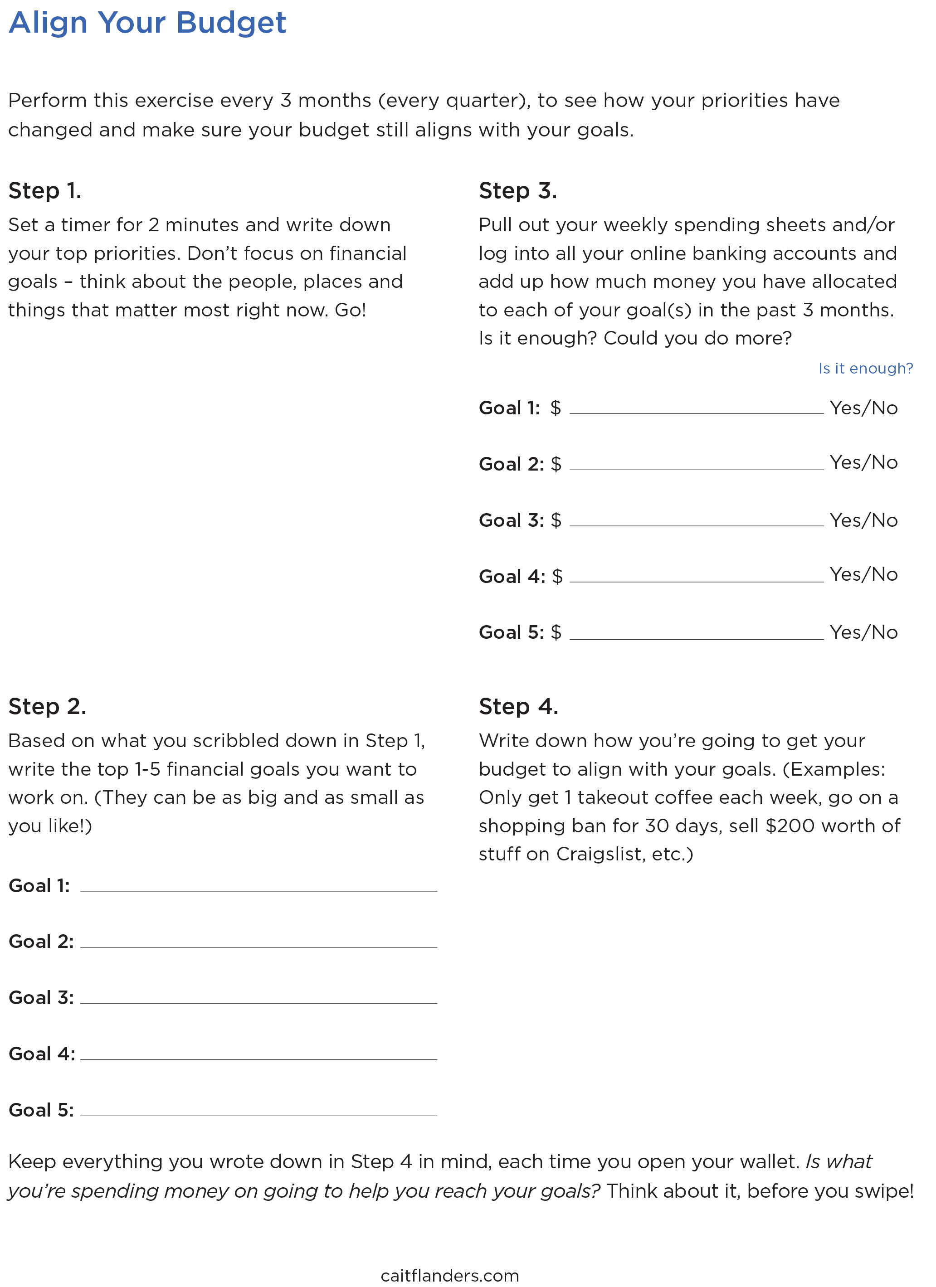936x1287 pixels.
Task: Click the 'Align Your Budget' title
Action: pyautogui.click(x=147, y=23)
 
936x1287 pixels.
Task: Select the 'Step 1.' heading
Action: pyautogui.click(x=45, y=191)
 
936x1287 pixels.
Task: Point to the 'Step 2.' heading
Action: pyautogui.click(x=47, y=707)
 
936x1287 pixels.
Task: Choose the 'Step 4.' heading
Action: pyautogui.click(x=518, y=707)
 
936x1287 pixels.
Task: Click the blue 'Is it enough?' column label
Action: pyautogui.click(x=865, y=369)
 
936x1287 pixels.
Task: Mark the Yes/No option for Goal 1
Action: pyautogui.click(x=863, y=408)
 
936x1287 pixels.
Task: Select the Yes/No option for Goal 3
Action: pyautogui.click(x=863, y=520)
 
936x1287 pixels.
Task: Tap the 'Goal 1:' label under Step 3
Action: pyautogui.click(x=509, y=408)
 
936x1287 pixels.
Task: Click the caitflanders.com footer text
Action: pyautogui.click(x=449, y=1276)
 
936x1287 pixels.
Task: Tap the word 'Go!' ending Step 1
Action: pyautogui.click(x=350, y=311)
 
